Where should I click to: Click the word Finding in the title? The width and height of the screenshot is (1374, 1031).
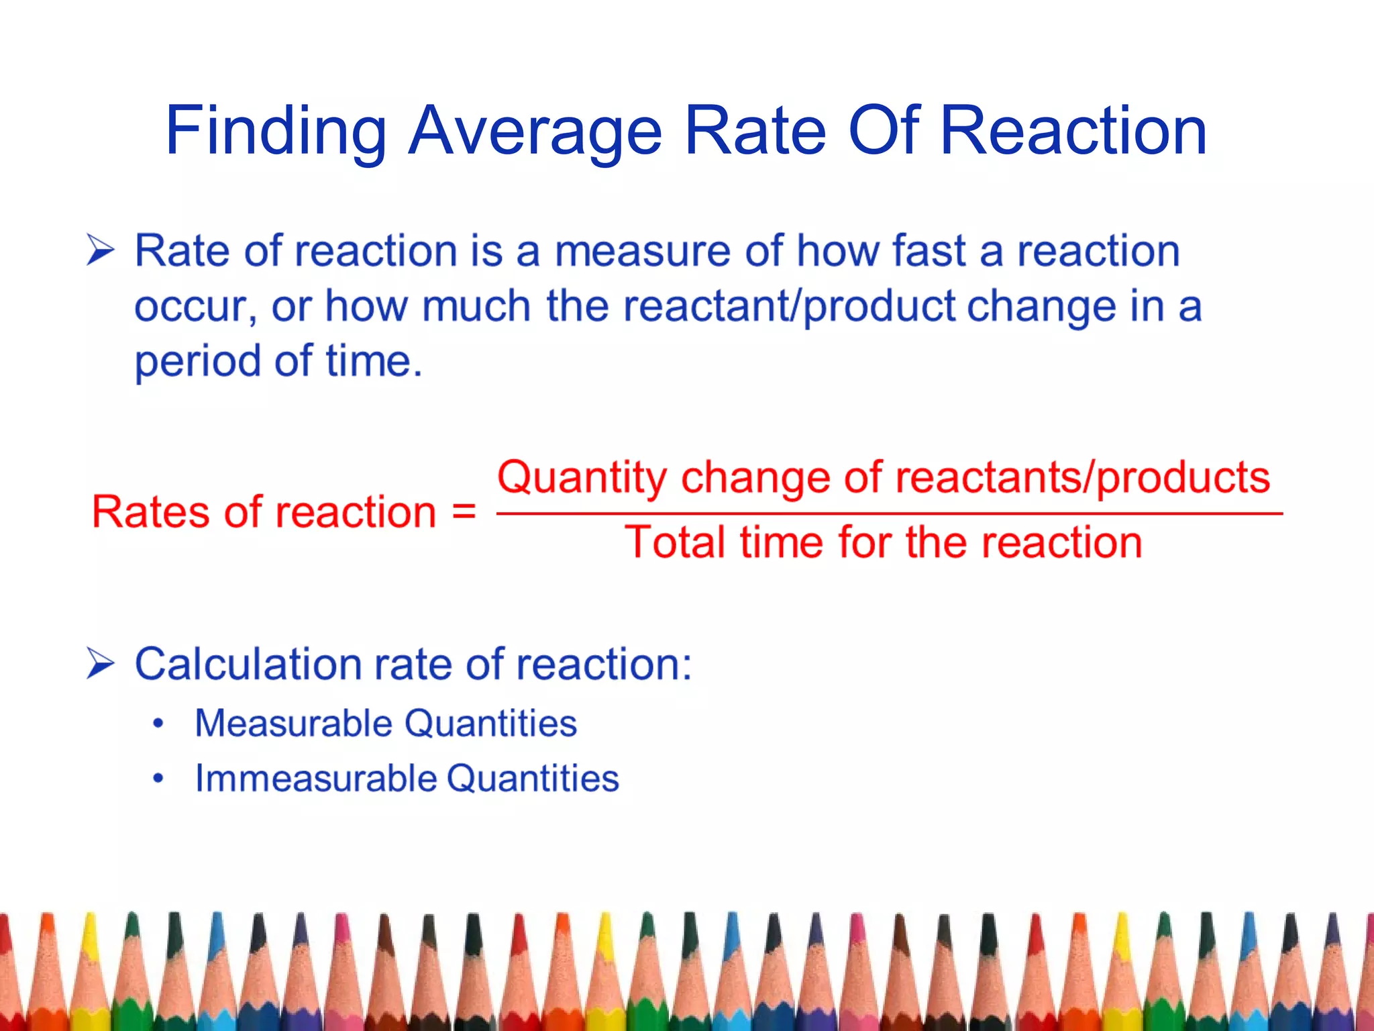276,132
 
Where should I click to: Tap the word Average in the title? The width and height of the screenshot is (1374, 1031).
535,132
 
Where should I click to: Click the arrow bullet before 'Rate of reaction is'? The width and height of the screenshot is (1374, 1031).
101,251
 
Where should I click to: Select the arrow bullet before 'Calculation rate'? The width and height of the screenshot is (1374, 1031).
101,664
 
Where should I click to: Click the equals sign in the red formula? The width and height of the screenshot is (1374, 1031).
464,512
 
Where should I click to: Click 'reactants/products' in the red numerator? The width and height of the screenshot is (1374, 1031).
1082,478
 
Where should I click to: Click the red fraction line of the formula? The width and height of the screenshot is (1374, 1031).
889,513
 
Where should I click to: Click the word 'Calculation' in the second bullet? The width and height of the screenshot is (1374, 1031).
248,665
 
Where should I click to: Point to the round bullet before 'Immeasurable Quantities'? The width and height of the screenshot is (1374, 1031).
158,779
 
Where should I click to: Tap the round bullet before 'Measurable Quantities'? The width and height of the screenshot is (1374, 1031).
158,724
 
